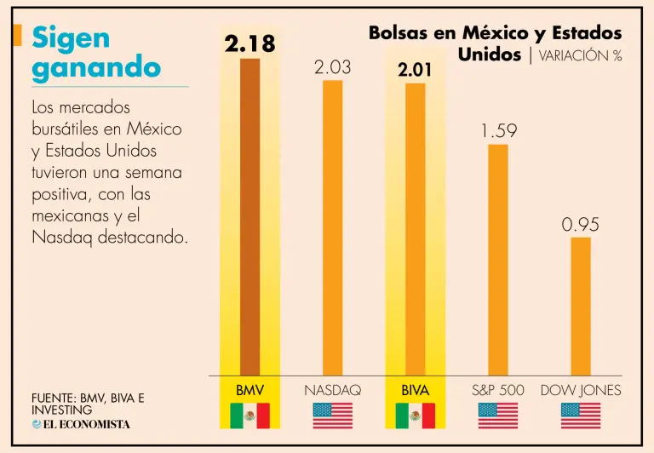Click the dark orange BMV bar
click(x=250, y=217)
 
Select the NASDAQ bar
click(x=332, y=227)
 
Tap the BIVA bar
click(x=415, y=229)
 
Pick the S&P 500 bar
click(x=497, y=260)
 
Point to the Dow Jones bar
click(x=581, y=306)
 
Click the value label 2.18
click(x=250, y=43)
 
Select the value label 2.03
click(x=332, y=66)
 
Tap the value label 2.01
click(x=415, y=70)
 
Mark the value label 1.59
click(x=498, y=131)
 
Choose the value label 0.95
click(x=581, y=225)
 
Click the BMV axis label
click(x=250, y=390)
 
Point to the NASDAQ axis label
click(x=332, y=390)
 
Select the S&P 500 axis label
click(x=498, y=390)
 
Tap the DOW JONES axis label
click(x=581, y=390)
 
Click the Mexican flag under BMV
click(x=250, y=416)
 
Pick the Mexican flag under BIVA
click(x=415, y=416)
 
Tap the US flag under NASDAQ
click(x=332, y=416)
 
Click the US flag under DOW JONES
click(x=581, y=416)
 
